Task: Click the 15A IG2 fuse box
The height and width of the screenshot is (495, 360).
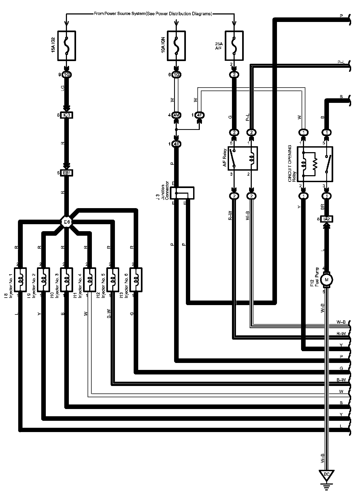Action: pos(67,46)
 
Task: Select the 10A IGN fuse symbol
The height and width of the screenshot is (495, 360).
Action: pos(176,46)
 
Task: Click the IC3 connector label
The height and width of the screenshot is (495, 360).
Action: pos(67,115)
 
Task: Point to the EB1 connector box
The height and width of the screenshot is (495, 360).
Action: pos(67,173)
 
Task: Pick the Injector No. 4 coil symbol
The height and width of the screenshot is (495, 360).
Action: pos(89,280)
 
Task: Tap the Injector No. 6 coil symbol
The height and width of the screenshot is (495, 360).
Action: pos(136,280)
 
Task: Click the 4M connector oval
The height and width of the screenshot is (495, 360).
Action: pos(176,115)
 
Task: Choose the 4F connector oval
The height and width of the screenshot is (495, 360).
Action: pos(199,115)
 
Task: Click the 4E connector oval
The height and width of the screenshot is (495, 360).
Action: pos(176,144)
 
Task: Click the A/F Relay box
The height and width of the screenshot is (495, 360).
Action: pos(242,158)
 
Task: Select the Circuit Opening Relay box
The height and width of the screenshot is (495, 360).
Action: pos(315,164)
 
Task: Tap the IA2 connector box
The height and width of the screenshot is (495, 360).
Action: pos(326,219)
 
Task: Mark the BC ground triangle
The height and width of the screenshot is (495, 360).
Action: pos(326,474)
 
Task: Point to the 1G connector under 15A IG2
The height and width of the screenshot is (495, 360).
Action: pos(67,75)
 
